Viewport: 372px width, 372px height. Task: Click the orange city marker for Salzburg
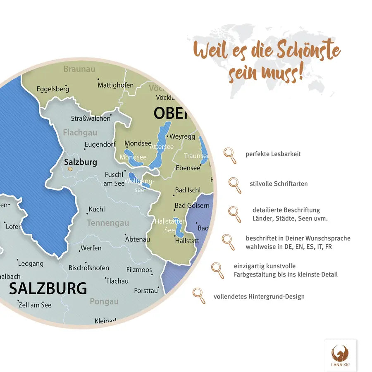pyautogui.click(x=70, y=169)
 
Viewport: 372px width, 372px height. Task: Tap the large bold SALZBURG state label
pyautogui.click(x=48, y=288)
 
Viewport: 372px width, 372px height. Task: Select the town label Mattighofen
pyautogui.click(x=115, y=85)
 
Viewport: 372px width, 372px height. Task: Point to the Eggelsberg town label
pyautogui.click(x=53, y=89)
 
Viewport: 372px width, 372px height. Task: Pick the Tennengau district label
pyautogui.click(x=108, y=223)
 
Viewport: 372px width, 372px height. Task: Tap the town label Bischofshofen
pyautogui.click(x=89, y=268)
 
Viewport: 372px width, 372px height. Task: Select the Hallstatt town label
pyautogui.click(x=187, y=241)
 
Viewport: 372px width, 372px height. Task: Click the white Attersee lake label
pyautogui.click(x=162, y=147)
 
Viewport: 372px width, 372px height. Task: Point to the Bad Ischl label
pyautogui.click(x=188, y=190)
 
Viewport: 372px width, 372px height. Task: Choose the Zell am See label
pyautogui.click(x=35, y=305)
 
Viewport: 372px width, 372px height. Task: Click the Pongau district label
pyautogui.click(x=104, y=301)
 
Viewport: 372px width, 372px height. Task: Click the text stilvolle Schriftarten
pyautogui.click(x=279, y=184)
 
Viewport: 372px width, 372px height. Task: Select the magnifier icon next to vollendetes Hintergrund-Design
pyautogui.click(x=199, y=296)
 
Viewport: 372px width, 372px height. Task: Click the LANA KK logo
pyautogui.click(x=340, y=355)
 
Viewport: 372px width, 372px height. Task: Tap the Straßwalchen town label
pyautogui.click(x=91, y=118)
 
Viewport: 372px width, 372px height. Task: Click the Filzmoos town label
pyautogui.click(x=139, y=270)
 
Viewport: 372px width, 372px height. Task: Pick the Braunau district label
pyautogui.click(x=79, y=69)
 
